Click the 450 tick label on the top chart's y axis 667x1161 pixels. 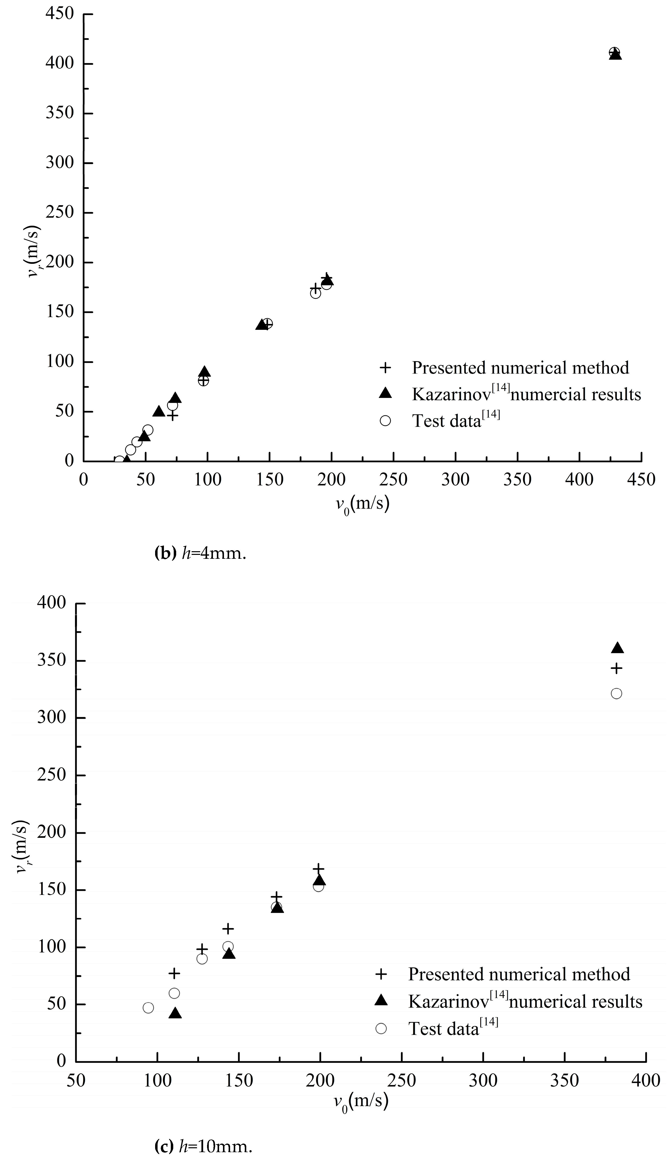pyautogui.click(x=60, y=14)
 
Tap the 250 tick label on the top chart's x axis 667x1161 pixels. pyautogui.click(x=394, y=479)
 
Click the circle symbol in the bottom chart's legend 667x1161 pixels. pyautogui.click(x=381, y=1029)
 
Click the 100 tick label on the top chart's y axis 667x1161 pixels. pyautogui.click(x=60, y=362)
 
